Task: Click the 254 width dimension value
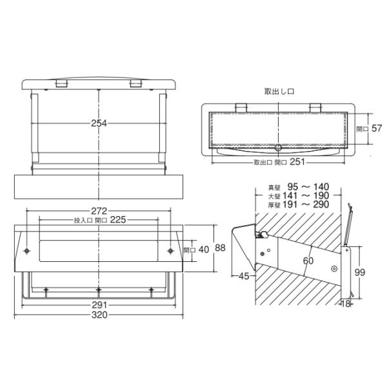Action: tap(99, 123)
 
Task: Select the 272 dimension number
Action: tap(99, 211)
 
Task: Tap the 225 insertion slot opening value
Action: tap(118, 220)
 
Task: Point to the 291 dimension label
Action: tap(99, 305)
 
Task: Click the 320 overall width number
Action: tap(99, 315)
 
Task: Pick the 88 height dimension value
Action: tap(220, 248)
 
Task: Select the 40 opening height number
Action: tap(204, 250)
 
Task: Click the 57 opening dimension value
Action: tap(377, 128)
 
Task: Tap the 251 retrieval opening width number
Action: tap(297, 162)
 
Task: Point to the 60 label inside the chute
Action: tap(308, 261)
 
